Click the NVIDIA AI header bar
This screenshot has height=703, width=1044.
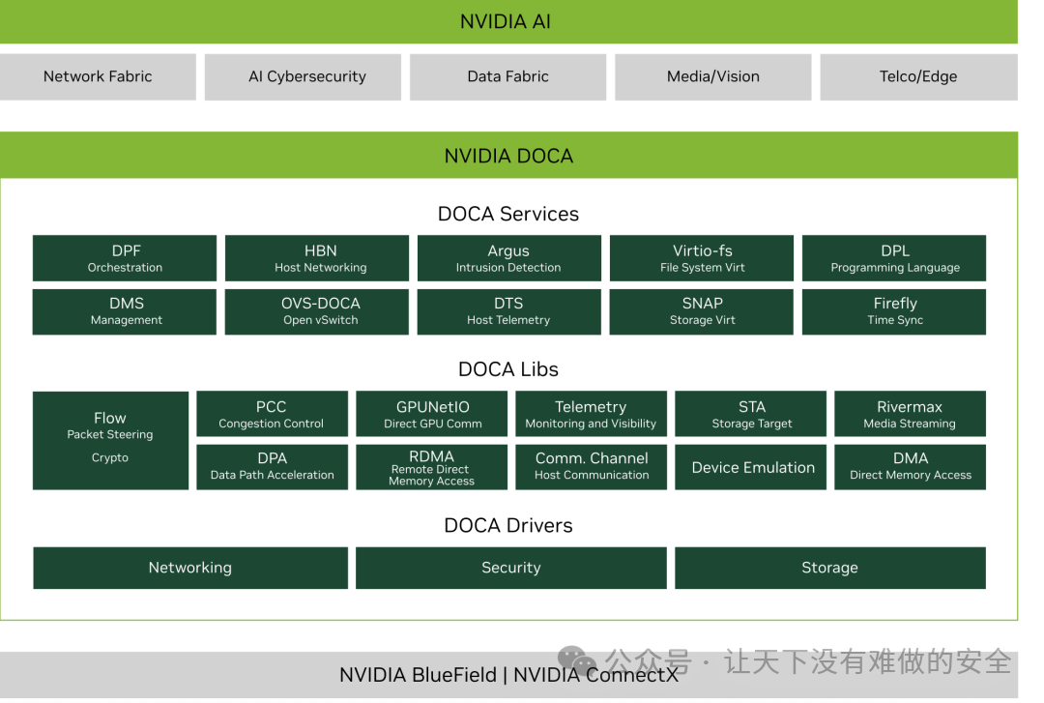[x=508, y=21]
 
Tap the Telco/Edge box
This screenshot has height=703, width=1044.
[x=917, y=76]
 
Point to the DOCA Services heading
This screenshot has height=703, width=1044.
[x=508, y=214]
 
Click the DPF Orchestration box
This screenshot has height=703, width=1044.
[x=125, y=258]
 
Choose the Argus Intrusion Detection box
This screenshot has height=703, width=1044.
[x=508, y=258]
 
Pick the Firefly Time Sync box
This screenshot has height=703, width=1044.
[x=894, y=311]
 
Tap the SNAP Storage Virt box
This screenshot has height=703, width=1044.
[x=702, y=311]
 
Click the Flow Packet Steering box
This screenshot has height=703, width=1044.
[x=110, y=440]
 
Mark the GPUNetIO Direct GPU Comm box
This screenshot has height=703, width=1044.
[x=432, y=414]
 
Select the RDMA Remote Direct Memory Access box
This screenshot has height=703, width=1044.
[x=432, y=467]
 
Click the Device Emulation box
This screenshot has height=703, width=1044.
[x=752, y=467]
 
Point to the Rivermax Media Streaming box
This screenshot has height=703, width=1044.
[x=910, y=414]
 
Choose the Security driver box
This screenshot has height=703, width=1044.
[x=511, y=568]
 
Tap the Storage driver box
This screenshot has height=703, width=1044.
[x=829, y=568]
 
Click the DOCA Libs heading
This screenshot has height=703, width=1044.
[x=508, y=369]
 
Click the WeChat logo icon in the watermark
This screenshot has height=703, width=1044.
[x=577, y=662]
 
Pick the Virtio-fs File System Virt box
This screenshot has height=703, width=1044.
[x=702, y=258]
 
